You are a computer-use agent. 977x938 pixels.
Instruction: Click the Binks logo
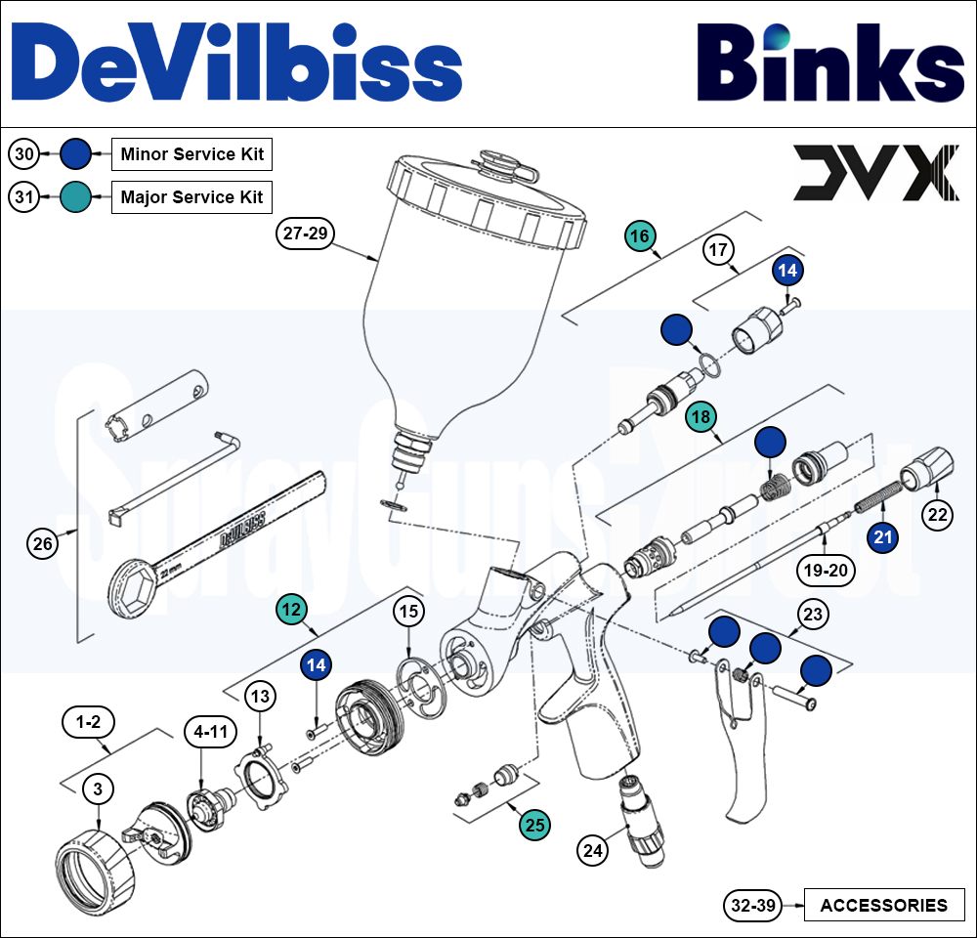click(x=830, y=64)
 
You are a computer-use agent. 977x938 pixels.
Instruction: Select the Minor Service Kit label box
click(x=191, y=153)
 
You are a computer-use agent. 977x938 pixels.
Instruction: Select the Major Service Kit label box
click(x=191, y=196)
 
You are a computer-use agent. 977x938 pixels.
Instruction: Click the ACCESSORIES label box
click(x=883, y=905)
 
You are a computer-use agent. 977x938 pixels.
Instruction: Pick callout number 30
click(x=25, y=153)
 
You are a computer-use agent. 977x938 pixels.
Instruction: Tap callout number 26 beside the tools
click(x=43, y=544)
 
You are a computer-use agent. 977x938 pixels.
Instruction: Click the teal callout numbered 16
click(x=640, y=235)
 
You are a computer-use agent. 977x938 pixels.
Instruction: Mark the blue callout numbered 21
click(x=883, y=536)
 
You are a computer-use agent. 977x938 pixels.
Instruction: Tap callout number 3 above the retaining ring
click(x=98, y=787)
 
